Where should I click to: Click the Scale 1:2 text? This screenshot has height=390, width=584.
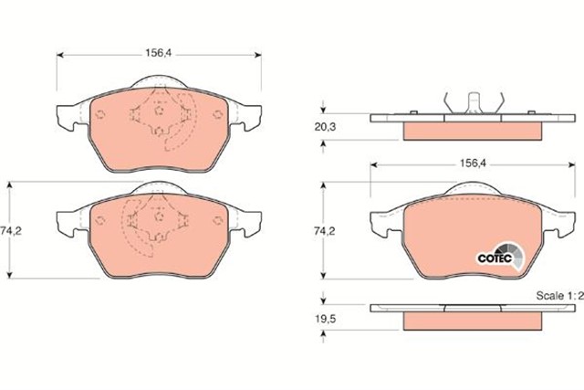tap(558, 297)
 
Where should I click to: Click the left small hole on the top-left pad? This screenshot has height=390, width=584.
tap(101, 115)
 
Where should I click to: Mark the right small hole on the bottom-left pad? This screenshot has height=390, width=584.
tap(217, 219)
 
